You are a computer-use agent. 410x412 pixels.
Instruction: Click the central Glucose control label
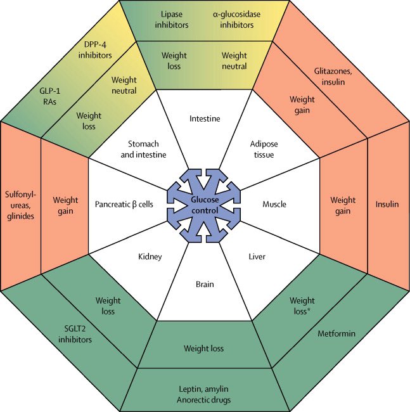tap(205, 205)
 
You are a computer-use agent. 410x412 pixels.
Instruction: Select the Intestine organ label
tap(205, 118)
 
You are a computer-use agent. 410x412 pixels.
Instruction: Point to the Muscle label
tap(274, 205)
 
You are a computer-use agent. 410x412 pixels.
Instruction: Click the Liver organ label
tap(257, 257)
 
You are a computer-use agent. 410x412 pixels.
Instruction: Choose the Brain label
tap(205, 285)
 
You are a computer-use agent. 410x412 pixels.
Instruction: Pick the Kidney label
tap(150, 257)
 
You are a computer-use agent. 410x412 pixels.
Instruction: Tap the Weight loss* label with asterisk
tap(303, 306)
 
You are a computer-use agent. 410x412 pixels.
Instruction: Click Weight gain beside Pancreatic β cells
tap(65, 205)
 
